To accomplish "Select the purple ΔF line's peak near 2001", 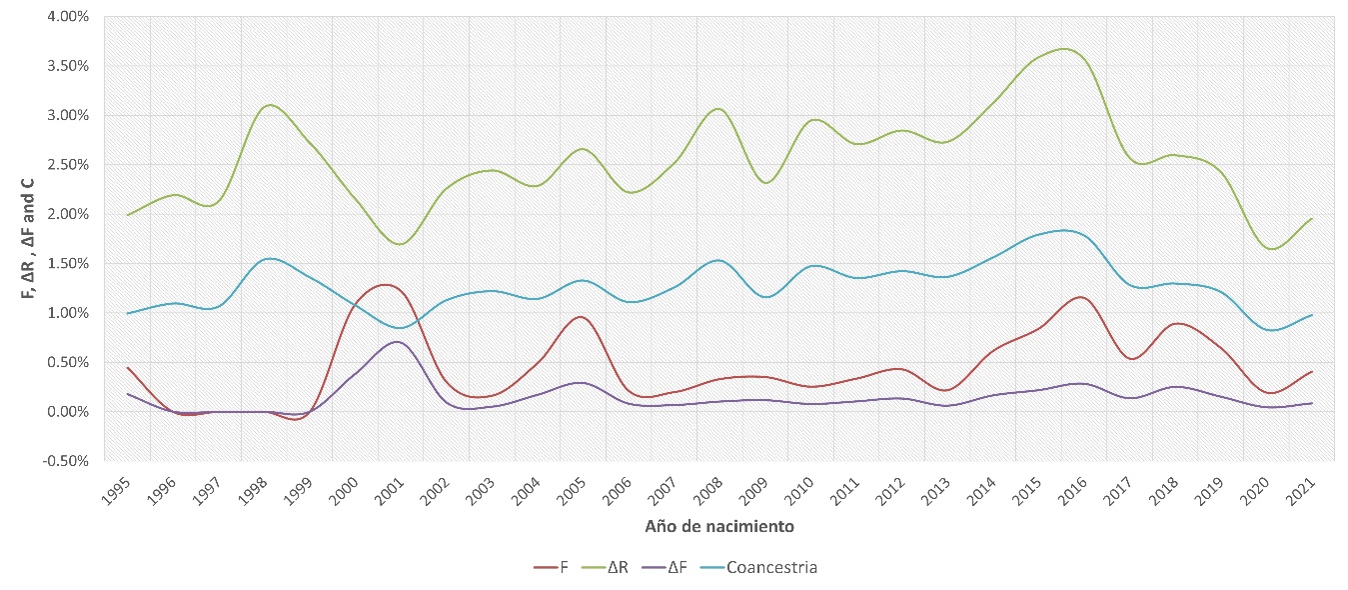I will click(398, 342).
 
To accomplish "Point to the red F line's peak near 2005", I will click(580, 317).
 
